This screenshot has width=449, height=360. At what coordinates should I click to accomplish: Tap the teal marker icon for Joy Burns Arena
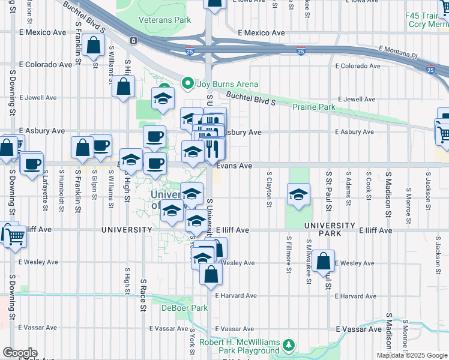pos(187,84)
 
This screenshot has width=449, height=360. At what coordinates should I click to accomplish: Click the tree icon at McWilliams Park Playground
pos(289,345)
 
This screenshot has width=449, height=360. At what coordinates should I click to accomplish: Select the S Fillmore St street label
pos(289,255)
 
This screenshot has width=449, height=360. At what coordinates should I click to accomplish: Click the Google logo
pos(19,353)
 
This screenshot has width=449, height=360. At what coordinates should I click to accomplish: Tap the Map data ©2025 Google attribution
pos(412,355)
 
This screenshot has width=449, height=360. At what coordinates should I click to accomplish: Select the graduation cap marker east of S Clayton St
pos(298,195)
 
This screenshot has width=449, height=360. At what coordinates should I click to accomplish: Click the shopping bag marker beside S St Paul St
pos(323,261)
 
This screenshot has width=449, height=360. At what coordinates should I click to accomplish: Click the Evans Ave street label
pos(234,165)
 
